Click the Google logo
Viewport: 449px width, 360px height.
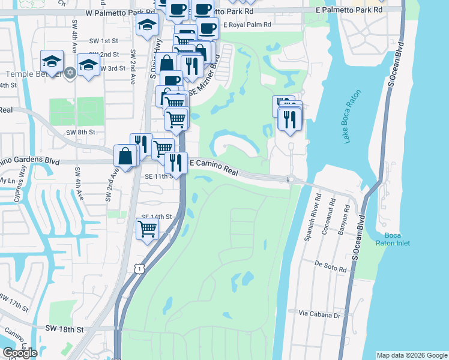(x=20, y=353)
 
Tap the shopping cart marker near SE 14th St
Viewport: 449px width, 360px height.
(x=147, y=228)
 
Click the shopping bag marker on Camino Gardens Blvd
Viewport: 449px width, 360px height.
(x=127, y=156)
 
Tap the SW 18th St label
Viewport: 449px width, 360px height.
(x=66, y=329)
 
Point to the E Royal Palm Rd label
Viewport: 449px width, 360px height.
(x=247, y=25)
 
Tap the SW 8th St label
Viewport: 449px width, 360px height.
(x=80, y=131)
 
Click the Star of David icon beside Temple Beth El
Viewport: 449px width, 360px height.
(x=70, y=73)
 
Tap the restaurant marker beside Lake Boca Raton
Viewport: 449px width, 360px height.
(x=289, y=119)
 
